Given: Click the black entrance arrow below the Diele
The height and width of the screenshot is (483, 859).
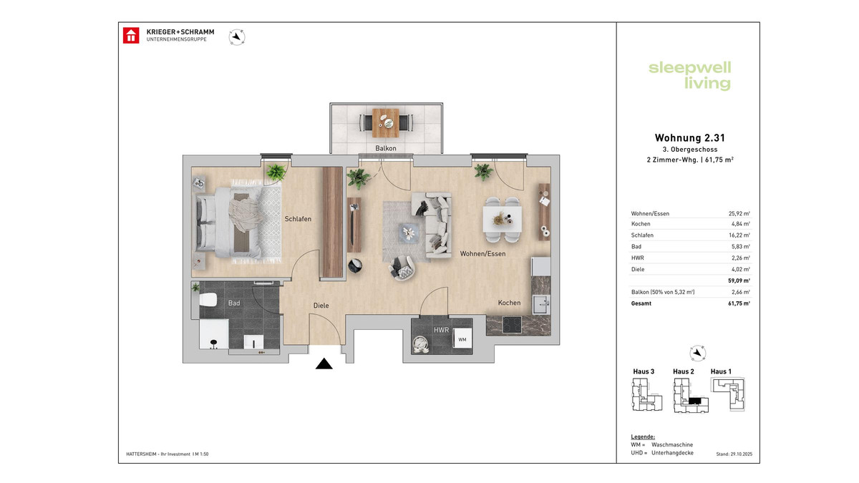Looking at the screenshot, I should coord(324,364).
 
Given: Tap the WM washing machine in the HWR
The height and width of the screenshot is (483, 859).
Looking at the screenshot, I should coord(462,340).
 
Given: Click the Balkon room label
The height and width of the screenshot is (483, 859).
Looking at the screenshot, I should coord(385,149).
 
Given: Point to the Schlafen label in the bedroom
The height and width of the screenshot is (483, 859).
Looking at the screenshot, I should coord(298,219).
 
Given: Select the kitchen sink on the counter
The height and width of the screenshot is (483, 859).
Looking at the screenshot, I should coord(541,303).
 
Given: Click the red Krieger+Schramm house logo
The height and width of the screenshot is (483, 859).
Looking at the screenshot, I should coord(131,36).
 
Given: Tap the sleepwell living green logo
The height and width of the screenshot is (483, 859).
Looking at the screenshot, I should coord(689,76).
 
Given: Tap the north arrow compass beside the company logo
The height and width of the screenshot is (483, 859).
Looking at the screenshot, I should coord(236,36).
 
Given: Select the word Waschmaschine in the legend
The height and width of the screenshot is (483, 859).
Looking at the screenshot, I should coord(672,445).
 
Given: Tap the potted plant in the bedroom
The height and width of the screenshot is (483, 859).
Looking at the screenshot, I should coord(275,172).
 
